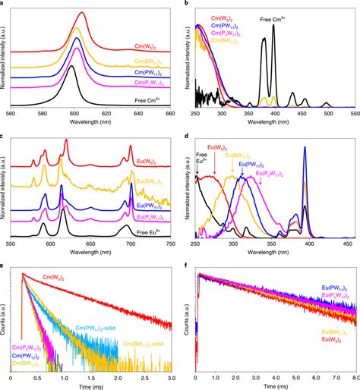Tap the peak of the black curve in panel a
coord(75,67)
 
